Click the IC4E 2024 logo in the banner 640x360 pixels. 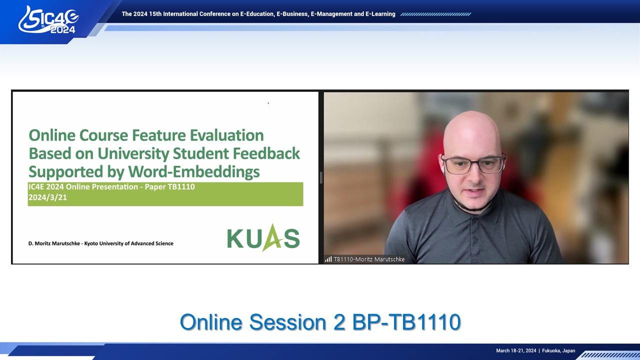[48, 20]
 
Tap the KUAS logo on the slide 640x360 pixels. [263, 237]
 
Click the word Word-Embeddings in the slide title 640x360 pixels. [193, 172]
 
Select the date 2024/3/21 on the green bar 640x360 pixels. [47, 197]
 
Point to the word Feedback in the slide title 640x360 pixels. [266, 153]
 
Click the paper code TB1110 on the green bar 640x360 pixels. [181, 187]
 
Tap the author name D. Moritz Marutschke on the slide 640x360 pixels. [54, 243]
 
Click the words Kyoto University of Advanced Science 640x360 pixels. [128, 243]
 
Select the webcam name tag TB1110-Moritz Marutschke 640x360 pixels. [369, 259]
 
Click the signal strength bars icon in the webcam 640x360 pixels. [328, 259]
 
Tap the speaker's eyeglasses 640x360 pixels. [473, 165]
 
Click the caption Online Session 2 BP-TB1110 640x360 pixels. [320, 322]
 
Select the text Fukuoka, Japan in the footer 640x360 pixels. [558, 350]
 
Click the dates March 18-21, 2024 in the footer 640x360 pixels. [516, 350]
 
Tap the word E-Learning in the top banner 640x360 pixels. [380, 14]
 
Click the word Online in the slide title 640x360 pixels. [52, 135]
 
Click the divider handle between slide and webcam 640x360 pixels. [321, 177]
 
